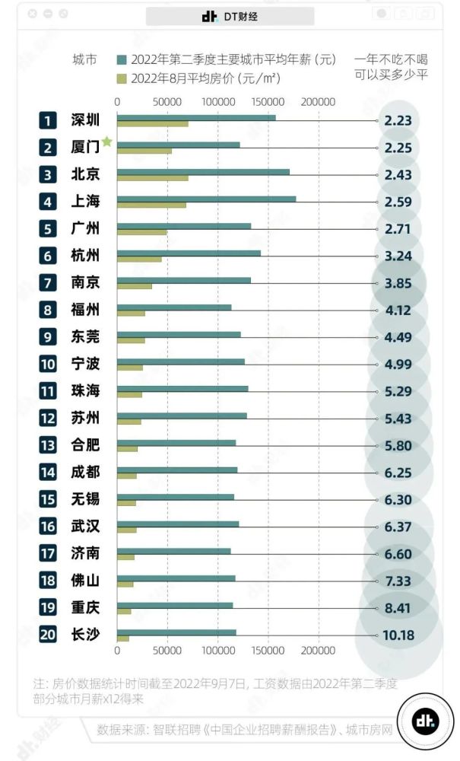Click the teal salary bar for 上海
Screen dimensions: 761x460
click(x=206, y=199)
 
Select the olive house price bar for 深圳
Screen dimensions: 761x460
click(x=152, y=123)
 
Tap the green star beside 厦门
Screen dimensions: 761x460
click(x=107, y=142)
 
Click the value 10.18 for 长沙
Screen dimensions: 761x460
click(x=398, y=634)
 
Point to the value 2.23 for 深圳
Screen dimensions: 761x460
click(x=398, y=120)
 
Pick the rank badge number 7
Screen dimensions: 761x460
click(x=48, y=283)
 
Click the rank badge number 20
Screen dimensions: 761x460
click(x=48, y=634)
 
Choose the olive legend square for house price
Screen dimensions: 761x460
click(x=121, y=77)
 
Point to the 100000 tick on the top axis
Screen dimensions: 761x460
click(x=217, y=101)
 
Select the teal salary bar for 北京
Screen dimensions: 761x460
click(x=203, y=171)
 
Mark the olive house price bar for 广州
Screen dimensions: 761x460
click(x=141, y=231)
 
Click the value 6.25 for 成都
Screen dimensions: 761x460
click(x=398, y=472)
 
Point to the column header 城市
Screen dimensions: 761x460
click(x=84, y=59)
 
